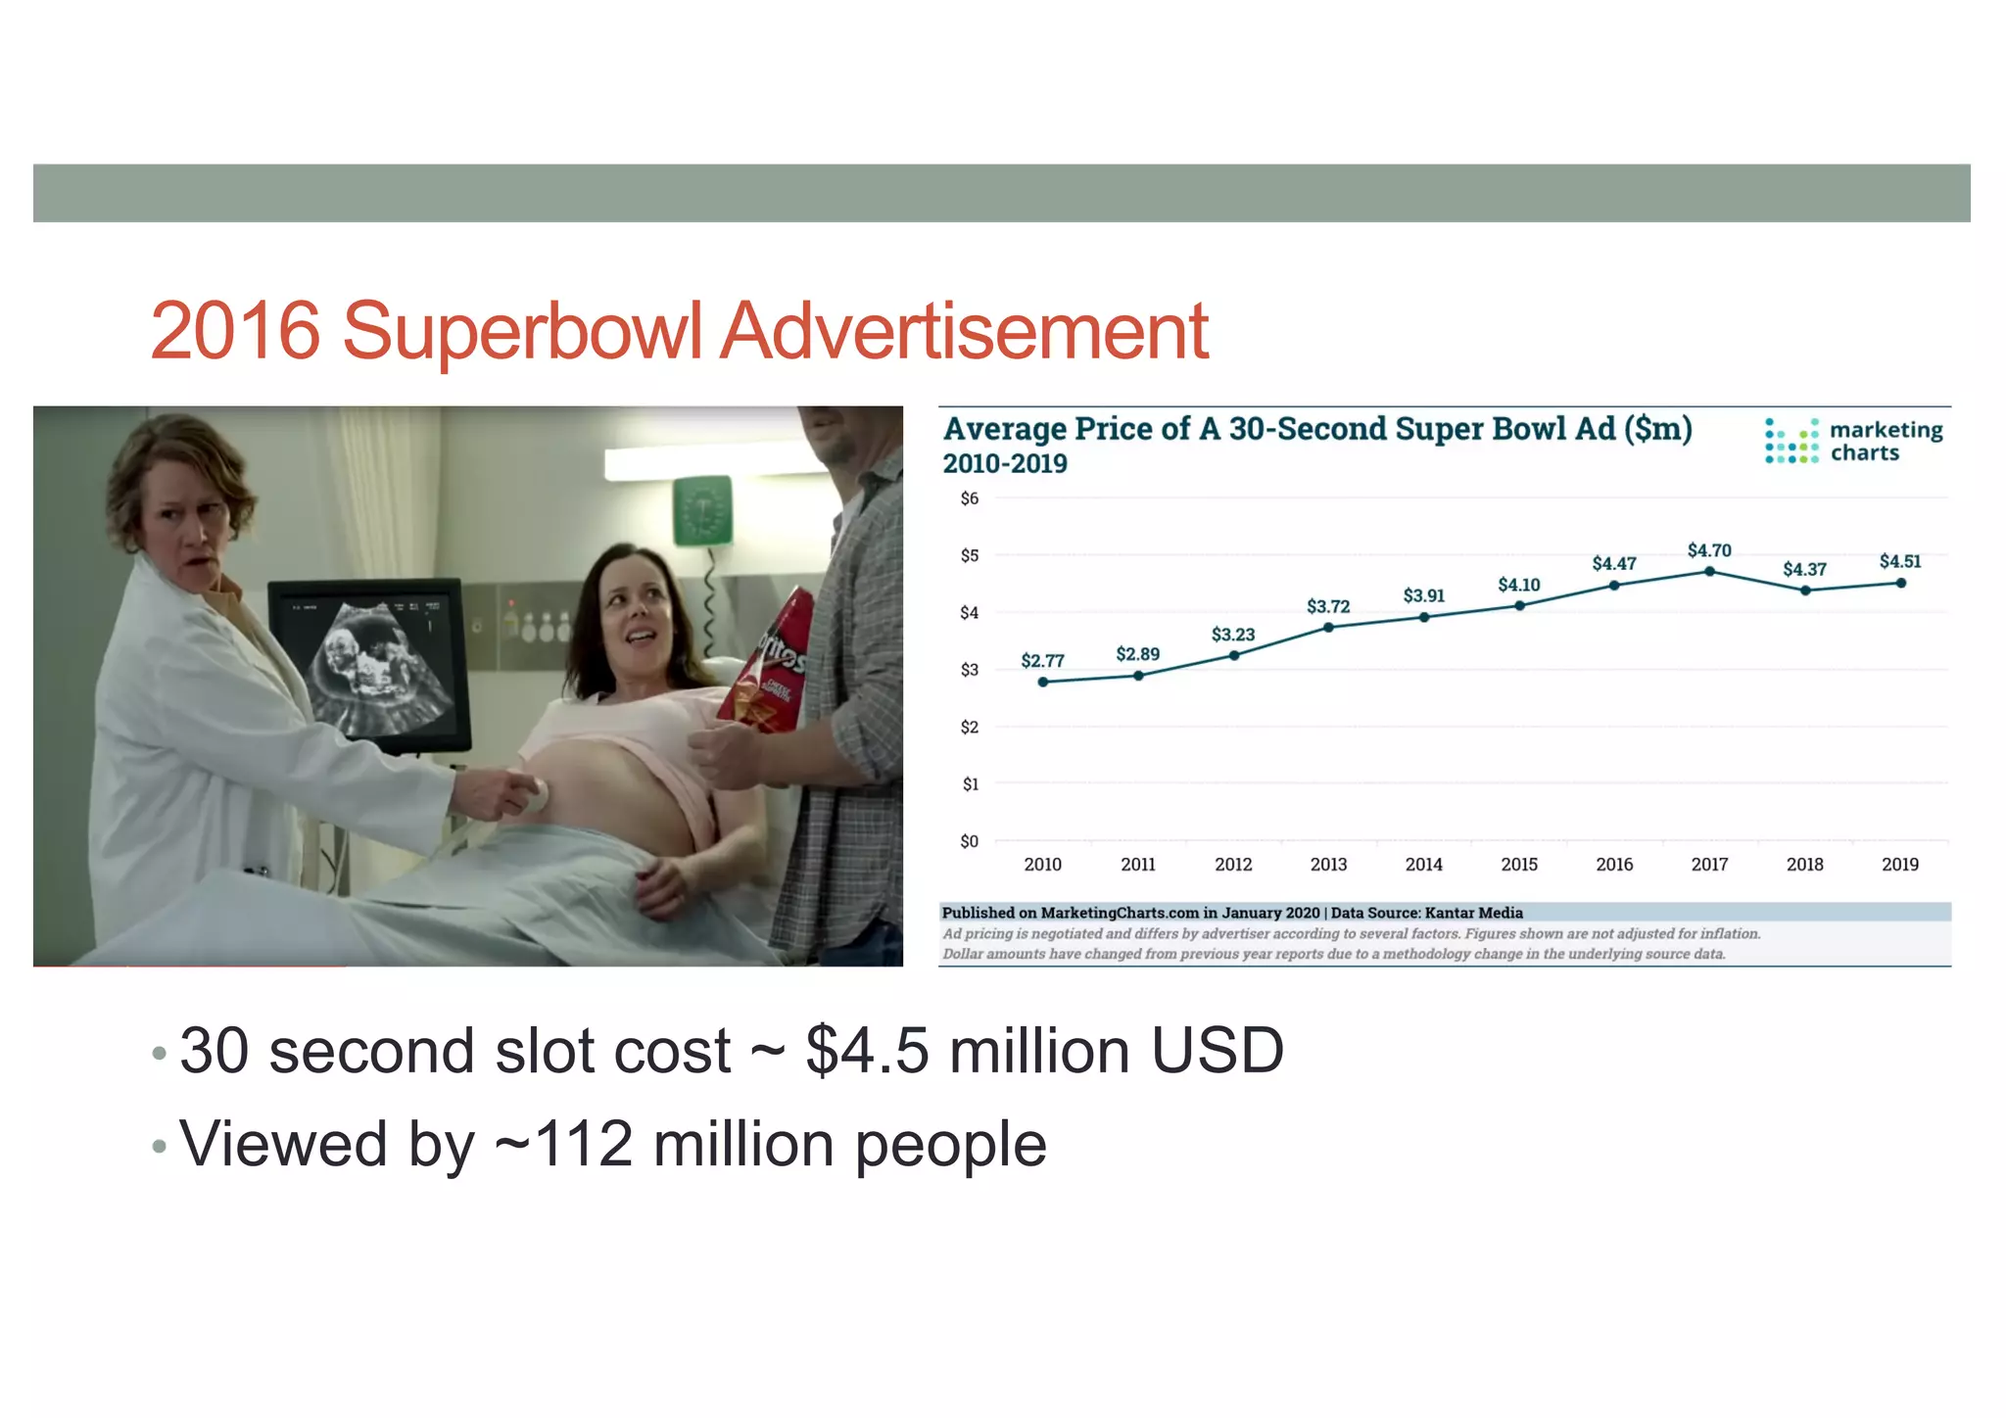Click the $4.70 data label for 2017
(x=1709, y=550)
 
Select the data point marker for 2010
(x=1043, y=682)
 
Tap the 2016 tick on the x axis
(x=1614, y=864)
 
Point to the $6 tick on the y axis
(x=969, y=498)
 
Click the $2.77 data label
(x=1042, y=661)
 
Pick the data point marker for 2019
(x=1900, y=583)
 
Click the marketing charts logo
(x=1853, y=442)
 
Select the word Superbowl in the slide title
(x=521, y=331)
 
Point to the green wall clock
(x=703, y=510)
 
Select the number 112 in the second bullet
(x=584, y=1144)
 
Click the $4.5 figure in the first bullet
(x=867, y=1051)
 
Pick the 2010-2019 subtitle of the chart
(x=1005, y=464)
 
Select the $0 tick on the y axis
(x=969, y=841)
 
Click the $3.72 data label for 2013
(x=1328, y=607)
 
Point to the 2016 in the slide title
(x=235, y=331)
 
